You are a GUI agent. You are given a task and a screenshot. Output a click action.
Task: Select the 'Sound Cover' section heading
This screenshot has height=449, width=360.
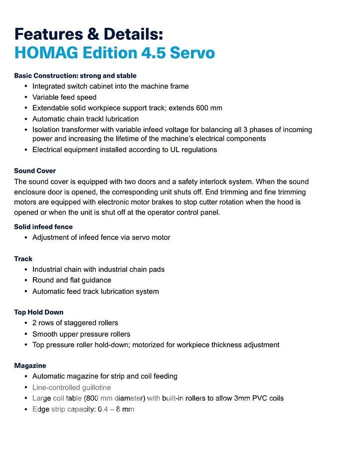click(35, 171)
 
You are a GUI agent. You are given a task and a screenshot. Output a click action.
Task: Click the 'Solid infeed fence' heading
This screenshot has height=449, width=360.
click(43, 227)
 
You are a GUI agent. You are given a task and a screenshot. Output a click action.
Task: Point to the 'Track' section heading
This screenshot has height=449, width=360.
click(23, 259)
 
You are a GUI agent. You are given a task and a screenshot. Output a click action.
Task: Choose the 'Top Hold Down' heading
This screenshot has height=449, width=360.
click(39, 312)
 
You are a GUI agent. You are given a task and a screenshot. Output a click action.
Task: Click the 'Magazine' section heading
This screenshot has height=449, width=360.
click(30, 366)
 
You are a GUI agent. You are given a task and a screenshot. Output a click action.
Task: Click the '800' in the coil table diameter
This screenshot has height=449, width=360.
click(91, 398)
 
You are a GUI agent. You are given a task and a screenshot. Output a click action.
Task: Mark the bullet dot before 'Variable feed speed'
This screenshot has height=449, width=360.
click(25, 97)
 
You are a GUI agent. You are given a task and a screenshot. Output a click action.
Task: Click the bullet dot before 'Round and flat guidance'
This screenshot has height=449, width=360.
click(25, 280)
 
